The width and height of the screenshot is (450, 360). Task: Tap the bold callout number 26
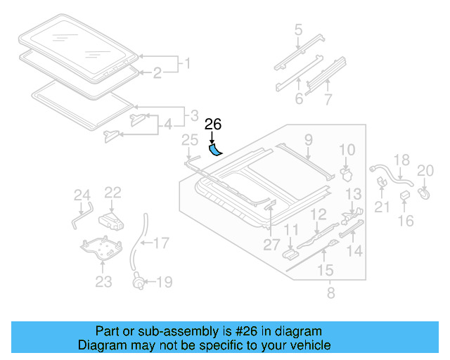[213, 125]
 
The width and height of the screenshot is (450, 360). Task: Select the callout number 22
[113, 193]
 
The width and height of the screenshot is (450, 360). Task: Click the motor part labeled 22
[111, 220]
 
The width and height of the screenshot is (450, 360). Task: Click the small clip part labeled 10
[345, 171]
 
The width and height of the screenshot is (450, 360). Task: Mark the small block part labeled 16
[406, 195]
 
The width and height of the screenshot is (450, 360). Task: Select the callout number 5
[298, 30]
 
